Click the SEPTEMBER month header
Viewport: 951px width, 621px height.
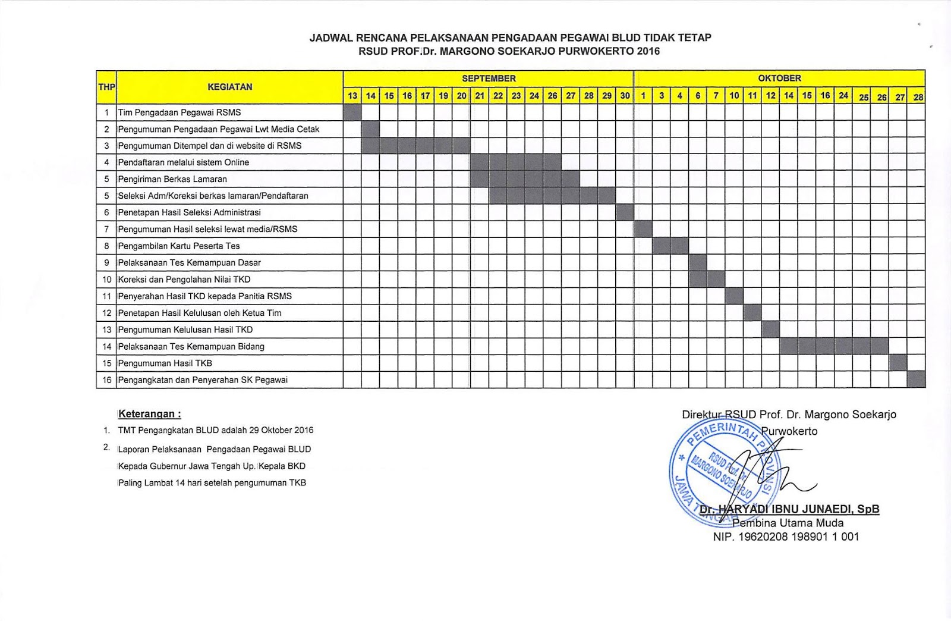pos(489,79)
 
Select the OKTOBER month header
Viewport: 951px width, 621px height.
pos(779,79)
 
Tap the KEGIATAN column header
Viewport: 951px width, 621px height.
pos(229,87)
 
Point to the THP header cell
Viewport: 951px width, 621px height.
pos(106,87)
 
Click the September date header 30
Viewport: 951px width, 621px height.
pos(625,96)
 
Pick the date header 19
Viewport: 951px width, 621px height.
pos(443,96)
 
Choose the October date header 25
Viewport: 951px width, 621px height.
pos(864,97)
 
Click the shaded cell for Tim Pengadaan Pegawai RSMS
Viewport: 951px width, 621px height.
pos(352,112)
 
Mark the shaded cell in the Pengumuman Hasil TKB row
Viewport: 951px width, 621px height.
pos(898,363)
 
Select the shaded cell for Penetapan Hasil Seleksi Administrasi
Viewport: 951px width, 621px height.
pos(625,212)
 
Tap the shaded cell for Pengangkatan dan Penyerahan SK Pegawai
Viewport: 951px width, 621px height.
pos(916,379)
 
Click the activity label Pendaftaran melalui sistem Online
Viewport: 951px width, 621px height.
pos(184,162)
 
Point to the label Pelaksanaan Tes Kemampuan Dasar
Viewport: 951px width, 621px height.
pos(190,262)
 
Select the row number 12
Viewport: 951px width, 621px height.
pos(107,313)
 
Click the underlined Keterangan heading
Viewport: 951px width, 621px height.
pos(150,414)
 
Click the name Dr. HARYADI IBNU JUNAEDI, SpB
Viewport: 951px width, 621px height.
pos(789,509)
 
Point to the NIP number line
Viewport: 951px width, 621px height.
pos(786,537)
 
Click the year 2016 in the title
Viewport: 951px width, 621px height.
pos(648,51)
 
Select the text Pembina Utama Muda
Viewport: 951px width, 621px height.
pos(788,523)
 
